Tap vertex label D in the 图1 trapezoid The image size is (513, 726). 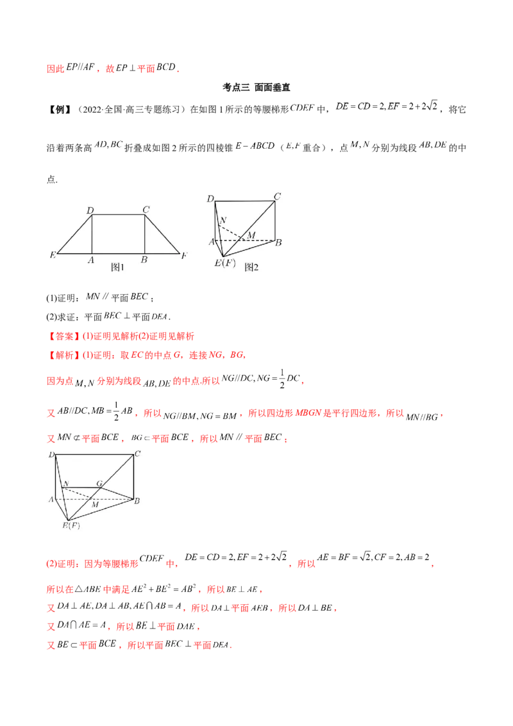pos(90,209)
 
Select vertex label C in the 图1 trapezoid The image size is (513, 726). pos(146,209)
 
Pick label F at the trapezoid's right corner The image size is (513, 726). pos(184,255)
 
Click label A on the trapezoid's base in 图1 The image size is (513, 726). pos(92,260)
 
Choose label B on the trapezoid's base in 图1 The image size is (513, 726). pos(144,260)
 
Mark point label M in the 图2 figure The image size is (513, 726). pos(251,235)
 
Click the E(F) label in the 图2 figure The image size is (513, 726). pos(225,263)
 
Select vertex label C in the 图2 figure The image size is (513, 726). pos(278,197)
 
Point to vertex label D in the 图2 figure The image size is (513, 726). pos(210,199)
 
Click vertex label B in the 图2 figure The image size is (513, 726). pos(279,242)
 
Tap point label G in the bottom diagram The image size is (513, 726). pos(99,483)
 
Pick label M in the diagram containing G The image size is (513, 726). pos(94,505)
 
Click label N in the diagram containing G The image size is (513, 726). pos(66,483)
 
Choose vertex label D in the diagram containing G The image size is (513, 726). pos(50,455)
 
